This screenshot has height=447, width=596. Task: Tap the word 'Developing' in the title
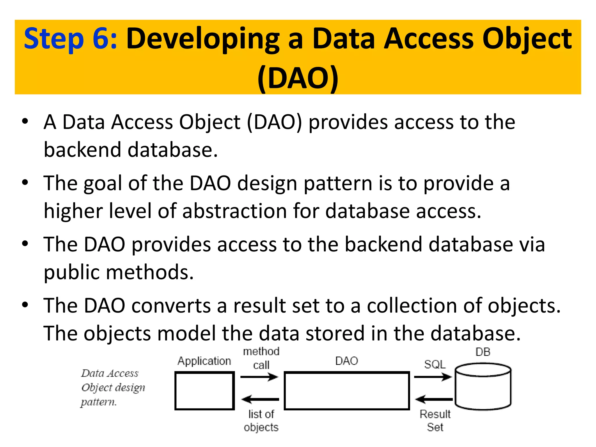203,39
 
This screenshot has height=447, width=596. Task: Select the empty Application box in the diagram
205,391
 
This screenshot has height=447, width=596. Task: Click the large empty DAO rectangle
347,391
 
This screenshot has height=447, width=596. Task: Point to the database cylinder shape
483,387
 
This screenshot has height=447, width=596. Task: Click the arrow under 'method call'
259,377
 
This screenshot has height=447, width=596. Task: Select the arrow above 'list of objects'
260,399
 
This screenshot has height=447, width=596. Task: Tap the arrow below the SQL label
433,377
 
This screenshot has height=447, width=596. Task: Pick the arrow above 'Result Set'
434,399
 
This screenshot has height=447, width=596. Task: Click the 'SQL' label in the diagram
435,364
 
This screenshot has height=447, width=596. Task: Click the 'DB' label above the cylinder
483,352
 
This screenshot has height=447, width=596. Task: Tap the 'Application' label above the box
204,361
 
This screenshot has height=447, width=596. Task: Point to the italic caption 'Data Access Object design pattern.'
113,388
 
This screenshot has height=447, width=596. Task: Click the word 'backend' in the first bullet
82,150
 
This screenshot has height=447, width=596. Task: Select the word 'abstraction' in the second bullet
235,211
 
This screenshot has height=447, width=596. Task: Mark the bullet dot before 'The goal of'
25,183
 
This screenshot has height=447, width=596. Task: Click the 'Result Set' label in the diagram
435,421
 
